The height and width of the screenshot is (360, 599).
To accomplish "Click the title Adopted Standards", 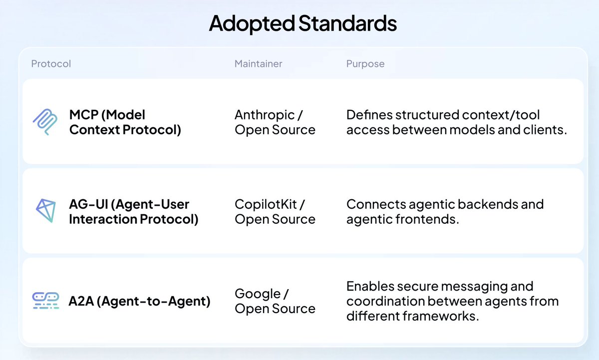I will click(302, 24).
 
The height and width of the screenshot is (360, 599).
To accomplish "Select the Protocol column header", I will click(51, 64).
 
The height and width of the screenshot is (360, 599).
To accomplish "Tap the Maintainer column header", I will click(258, 64).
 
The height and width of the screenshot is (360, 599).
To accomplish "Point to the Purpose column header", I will click(365, 64).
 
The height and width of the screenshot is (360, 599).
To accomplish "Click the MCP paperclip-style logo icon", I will click(45, 122).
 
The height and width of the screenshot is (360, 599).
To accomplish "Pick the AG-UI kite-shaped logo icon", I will click(45, 211).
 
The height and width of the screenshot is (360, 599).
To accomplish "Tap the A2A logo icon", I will click(45, 301).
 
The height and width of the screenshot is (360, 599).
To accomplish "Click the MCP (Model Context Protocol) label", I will click(125, 122).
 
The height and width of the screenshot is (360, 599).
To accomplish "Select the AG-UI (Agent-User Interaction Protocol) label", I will click(133, 212).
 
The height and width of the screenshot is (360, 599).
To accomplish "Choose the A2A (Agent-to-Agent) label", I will click(139, 301).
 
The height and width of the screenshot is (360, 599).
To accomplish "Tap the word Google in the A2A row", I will click(258, 294).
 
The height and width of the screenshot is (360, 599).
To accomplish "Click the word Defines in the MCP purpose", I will click(369, 115).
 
